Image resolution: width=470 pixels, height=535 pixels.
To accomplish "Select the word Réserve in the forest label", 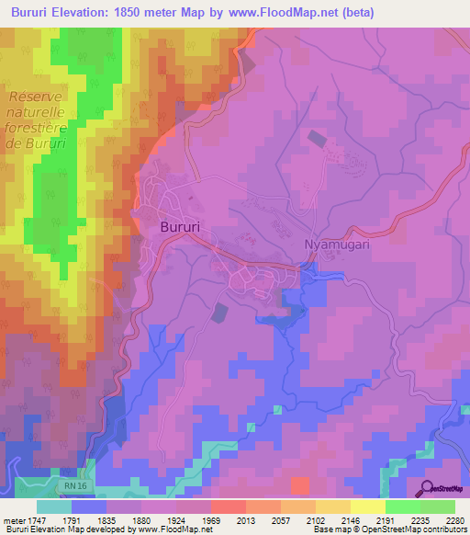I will click(x=38, y=97).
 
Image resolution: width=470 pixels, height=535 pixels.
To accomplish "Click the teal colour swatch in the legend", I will click(x=54, y=507).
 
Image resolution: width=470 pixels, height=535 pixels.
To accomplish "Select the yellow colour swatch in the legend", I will click(x=367, y=507).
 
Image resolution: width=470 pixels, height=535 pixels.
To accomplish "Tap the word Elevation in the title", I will click(x=86, y=12).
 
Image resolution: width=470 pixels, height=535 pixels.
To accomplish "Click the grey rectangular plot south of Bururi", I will click(x=219, y=313).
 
